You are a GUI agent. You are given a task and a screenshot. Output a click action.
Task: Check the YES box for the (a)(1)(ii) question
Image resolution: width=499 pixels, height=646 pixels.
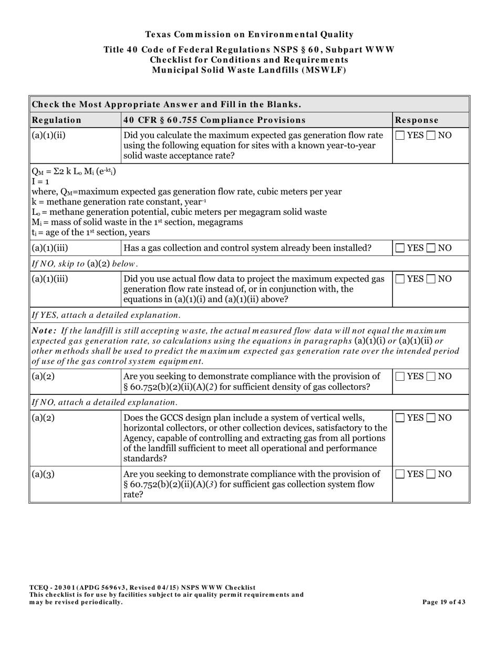coord(400,136)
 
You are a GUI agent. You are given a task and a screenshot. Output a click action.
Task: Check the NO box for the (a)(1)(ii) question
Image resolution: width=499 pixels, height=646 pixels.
coord(431,136)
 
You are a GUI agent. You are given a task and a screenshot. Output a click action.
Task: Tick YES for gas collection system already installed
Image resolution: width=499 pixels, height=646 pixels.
coord(400,248)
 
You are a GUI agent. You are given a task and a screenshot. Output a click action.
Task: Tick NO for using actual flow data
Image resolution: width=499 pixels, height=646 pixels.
coord(431,279)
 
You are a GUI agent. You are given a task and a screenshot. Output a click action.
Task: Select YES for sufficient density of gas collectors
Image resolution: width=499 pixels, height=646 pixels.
coord(400,376)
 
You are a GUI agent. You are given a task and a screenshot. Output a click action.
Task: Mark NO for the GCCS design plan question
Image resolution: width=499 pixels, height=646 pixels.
coord(431,418)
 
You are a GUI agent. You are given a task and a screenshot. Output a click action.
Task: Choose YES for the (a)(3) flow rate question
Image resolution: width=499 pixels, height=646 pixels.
coord(400,474)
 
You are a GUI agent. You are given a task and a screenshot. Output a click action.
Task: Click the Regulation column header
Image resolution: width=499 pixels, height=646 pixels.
coord(57,120)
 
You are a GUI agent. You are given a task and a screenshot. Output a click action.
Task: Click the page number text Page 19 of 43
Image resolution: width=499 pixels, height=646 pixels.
coord(444,602)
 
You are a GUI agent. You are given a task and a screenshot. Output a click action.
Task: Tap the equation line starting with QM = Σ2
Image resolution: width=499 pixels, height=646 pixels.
coord(74,172)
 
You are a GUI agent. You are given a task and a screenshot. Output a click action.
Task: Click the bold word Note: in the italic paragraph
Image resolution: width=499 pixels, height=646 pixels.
coord(45,331)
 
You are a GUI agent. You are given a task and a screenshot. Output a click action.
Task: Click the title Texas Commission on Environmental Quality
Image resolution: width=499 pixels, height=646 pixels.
coord(249,35)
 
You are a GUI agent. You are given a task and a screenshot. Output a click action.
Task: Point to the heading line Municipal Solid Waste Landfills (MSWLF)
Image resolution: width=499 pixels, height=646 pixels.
coord(249,70)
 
